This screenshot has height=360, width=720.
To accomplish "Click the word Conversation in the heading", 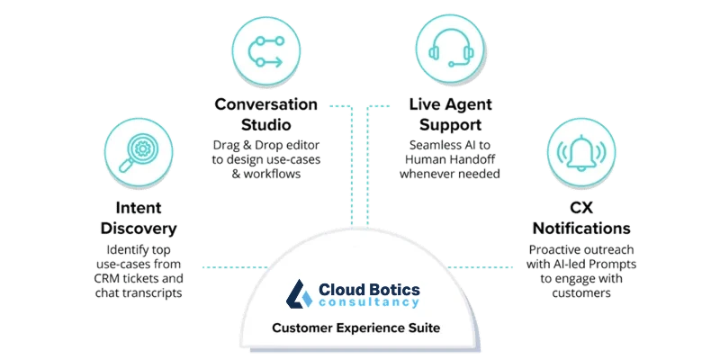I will pos(266,104).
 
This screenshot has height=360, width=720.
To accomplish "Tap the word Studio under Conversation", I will pos(266,123).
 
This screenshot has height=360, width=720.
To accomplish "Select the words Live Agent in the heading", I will pos(449,104).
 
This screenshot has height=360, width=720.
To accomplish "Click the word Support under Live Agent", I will pos(449,123).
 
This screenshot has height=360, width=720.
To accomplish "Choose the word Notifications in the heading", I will pos(580,229).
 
